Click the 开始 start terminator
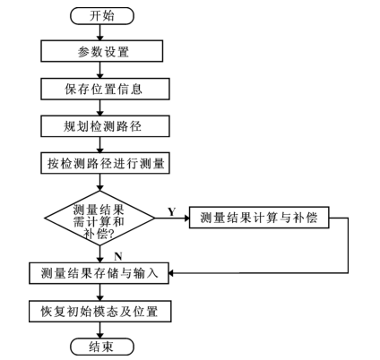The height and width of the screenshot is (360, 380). pyautogui.click(x=102, y=15)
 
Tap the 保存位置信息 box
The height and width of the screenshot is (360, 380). pyautogui.click(x=102, y=89)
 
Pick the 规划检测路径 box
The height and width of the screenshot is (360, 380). pyautogui.click(x=102, y=126)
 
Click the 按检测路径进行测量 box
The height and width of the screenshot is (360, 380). pyautogui.click(x=102, y=164)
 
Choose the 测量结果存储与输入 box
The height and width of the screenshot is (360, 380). pyautogui.click(x=99, y=272)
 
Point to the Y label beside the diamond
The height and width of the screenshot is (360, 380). pyautogui.click(x=170, y=210)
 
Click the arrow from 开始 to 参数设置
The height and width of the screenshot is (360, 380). pyautogui.click(x=102, y=32)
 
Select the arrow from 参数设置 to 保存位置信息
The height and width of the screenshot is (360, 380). pyautogui.click(x=102, y=70)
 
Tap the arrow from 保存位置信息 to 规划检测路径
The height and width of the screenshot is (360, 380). pyautogui.click(x=102, y=107)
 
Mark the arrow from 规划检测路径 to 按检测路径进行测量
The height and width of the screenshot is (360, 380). pyautogui.click(x=102, y=145)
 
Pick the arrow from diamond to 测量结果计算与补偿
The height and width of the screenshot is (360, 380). pyautogui.click(x=169, y=218)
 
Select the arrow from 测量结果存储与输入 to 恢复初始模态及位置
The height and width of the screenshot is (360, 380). pyautogui.click(x=102, y=291)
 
